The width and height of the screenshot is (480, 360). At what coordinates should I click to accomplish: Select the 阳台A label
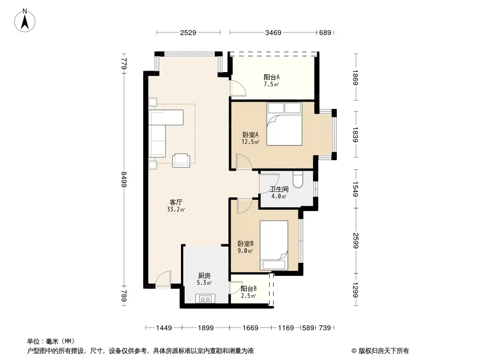point(271,80)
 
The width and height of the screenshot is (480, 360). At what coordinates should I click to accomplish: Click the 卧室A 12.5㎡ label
point(251,138)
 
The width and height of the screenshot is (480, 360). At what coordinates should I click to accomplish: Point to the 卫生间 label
point(279,193)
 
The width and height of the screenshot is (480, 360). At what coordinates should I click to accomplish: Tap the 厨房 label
point(204,279)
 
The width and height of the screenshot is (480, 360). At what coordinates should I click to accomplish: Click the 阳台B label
point(248,292)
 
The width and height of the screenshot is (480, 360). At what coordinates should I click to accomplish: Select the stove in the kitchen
point(206,298)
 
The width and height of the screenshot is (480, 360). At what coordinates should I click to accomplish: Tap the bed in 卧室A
point(284,124)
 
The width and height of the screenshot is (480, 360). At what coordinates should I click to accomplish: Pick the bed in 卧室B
point(274,245)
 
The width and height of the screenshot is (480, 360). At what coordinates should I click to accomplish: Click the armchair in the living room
point(181,159)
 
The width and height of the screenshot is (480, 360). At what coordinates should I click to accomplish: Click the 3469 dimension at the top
point(273,32)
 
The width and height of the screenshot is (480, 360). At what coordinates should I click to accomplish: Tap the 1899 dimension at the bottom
point(205,328)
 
